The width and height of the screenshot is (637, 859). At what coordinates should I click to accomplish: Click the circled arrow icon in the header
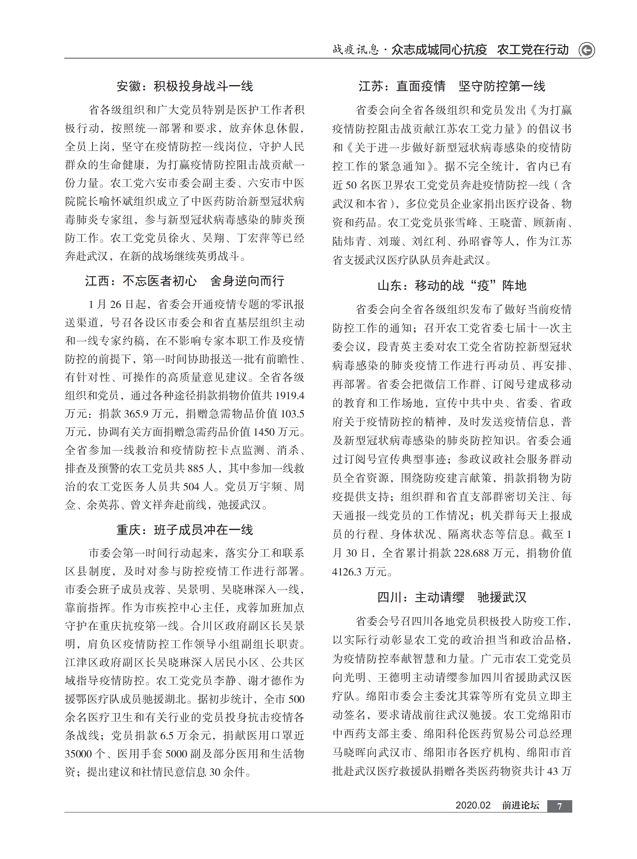[587, 50]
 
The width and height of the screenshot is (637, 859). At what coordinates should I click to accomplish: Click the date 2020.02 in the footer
[473, 805]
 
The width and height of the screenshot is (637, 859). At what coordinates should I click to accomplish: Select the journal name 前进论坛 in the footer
[520, 805]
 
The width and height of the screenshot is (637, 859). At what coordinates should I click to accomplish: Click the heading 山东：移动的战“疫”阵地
[452, 286]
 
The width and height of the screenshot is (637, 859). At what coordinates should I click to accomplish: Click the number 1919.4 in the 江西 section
[289, 395]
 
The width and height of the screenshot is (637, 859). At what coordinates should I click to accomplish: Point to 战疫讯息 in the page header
[356, 50]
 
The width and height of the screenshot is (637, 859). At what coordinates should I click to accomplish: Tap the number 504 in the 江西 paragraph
[191, 487]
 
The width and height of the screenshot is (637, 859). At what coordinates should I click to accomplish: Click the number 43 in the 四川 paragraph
[552, 771]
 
